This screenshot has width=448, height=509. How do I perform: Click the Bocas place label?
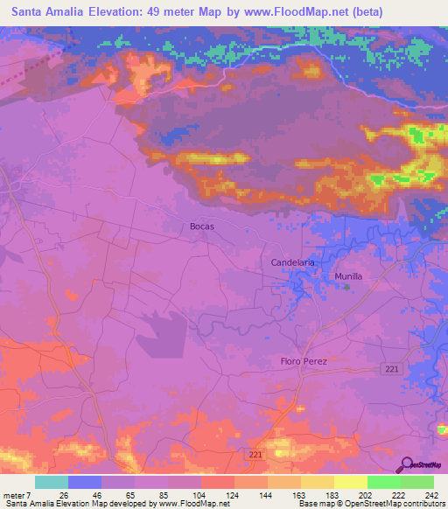click(202, 226)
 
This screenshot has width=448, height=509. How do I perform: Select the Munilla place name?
click(348, 275)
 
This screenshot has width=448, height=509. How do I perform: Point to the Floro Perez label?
click(304, 361)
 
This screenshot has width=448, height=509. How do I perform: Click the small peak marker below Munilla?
click(347, 286)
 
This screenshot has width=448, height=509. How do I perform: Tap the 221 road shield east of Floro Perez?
click(391, 371)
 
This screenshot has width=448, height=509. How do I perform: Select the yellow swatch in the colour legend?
click(350, 483)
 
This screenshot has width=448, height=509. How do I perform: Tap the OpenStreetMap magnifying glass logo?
click(406, 464)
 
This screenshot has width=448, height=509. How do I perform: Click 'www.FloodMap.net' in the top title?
click(282, 12)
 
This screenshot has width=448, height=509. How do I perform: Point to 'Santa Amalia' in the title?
click(49, 12)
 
